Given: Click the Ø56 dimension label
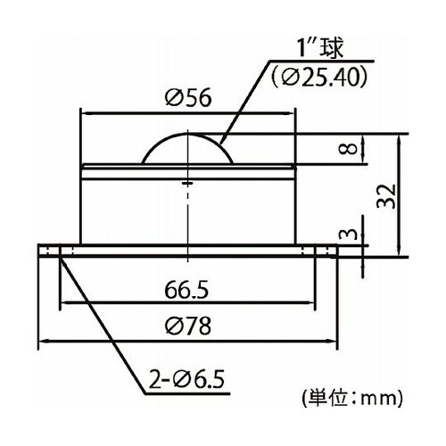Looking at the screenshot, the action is [188, 97].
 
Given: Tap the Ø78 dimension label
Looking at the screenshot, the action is [188, 326].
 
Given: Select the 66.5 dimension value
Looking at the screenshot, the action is [186, 290].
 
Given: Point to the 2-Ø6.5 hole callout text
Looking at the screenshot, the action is [186, 379].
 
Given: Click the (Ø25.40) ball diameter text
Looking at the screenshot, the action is [319, 78].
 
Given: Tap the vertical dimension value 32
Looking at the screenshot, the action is [386, 196].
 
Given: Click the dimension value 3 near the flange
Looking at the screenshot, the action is [348, 234].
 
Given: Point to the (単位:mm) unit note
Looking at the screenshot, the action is [352, 398].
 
